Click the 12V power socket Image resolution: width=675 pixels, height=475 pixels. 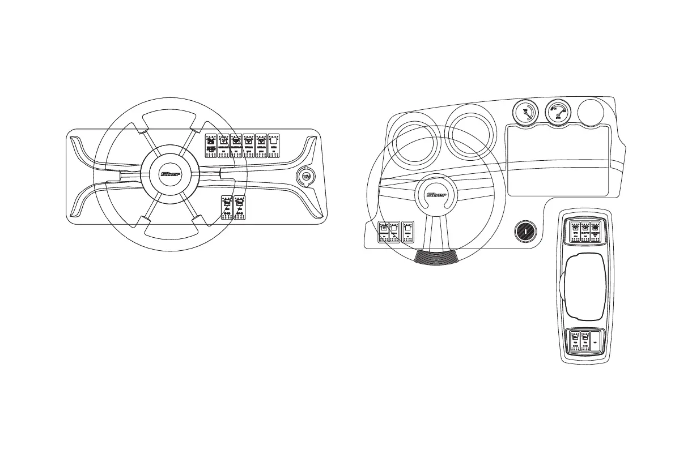point(306,177)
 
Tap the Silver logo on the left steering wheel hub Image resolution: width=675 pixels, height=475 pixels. point(171,174)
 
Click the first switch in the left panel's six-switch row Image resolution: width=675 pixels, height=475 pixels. point(211,145)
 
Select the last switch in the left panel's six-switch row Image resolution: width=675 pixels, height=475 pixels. point(274,145)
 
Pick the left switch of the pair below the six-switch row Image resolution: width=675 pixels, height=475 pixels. point(227,208)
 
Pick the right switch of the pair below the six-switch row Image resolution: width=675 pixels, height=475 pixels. point(240,208)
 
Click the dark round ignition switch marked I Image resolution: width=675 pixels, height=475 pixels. point(525,231)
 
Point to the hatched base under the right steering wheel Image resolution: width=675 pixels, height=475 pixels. point(436,257)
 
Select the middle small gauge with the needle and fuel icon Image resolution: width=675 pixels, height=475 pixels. point(559,113)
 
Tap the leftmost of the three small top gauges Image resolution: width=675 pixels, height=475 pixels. point(527,113)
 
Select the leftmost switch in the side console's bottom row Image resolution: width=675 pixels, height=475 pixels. point(575,341)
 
